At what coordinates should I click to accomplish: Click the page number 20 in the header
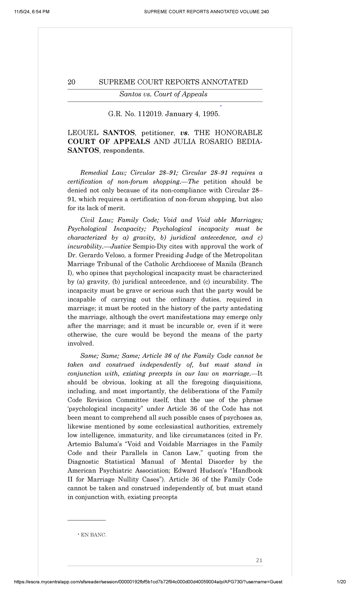pyautogui.click(x=71, y=82)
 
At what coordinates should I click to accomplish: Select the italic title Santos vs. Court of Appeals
pyautogui.click(x=163, y=94)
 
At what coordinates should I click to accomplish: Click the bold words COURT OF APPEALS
pyautogui.click(x=109, y=142)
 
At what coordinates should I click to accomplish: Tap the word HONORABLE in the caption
pyautogui.click(x=241, y=133)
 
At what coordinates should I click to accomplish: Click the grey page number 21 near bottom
pyautogui.click(x=259, y=560)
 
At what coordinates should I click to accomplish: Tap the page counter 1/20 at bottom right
pyautogui.click(x=341, y=582)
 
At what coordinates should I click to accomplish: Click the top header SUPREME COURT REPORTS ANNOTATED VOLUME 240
pyautogui.click(x=206, y=12)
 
